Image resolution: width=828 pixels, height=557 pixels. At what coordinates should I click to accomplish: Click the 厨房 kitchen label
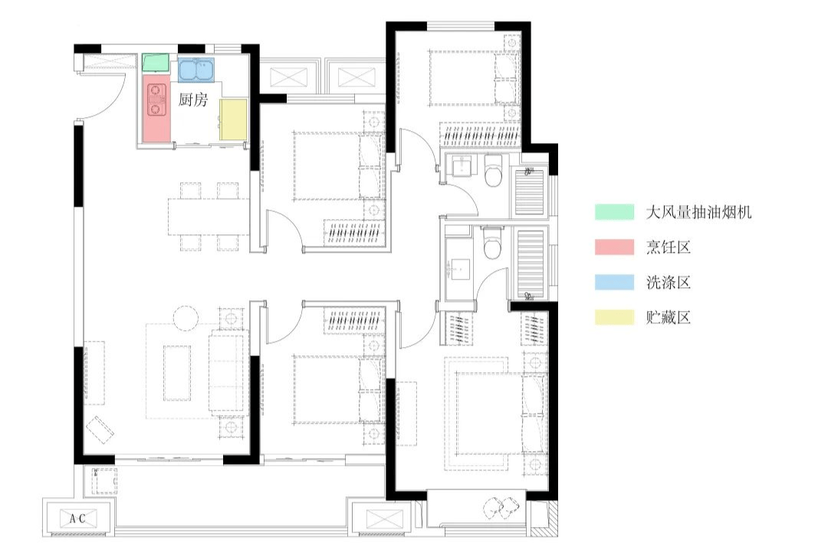pyautogui.click(x=192, y=100)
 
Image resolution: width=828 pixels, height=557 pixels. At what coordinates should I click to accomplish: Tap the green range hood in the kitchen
pyautogui.click(x=156, y=62)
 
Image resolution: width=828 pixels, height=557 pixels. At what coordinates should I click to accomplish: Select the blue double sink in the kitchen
pyautogui.click(x=196, y=69)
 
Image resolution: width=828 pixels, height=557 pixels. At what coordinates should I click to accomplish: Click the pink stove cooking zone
pyautogui.click(x=157, y=108)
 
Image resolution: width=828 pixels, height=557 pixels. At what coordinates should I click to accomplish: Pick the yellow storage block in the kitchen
pyautogui.click(x=233, y=120)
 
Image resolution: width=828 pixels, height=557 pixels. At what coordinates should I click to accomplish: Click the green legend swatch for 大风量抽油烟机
pyautogui.click(x=615, y=211)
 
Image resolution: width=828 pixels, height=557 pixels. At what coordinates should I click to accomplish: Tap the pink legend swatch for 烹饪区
pyautogui.click(x=615, y=247)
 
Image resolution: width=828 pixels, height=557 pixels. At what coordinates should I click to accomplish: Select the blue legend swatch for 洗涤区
pyautogui.click(x=615, y=282)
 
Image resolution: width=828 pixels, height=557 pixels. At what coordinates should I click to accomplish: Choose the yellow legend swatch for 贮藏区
pyautogui.click(x=615, y=316)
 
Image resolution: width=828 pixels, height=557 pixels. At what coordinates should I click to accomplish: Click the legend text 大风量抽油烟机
pyautogui.click(x=698, y=212)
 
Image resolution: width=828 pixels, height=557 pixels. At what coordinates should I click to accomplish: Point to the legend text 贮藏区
pyautogui.click(x=669, y=317)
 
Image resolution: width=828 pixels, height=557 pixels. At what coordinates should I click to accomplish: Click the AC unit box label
pyautogui.click(x=77, y=519)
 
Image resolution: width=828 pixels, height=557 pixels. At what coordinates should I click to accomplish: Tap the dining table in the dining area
pyautogui.click(x=209, y=217)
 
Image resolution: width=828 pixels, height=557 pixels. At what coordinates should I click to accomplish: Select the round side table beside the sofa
pyautogui.click(x=186, y=318)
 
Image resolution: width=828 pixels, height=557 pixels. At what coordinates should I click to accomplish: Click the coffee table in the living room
pyautogui.click(x=177, y=373)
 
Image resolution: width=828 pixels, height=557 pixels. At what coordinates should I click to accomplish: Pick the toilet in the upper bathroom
pyautogui.click(x=493, y=171)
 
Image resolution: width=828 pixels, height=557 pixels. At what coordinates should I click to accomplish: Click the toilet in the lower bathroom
pyautogui.click(x=493, y=243)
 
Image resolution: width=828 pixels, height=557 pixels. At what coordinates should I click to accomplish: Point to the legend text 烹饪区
pyautogui.click(x=669, y=247)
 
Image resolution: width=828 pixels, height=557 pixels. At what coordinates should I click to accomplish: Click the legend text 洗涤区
pyautogui.click(x=669, y=283)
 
